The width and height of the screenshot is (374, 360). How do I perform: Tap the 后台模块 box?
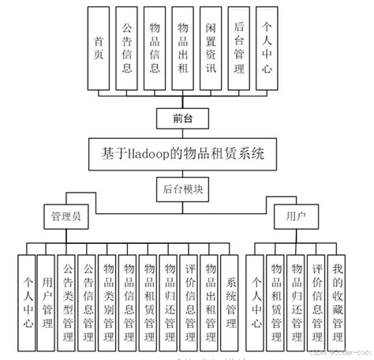click(x=184, y=189)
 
